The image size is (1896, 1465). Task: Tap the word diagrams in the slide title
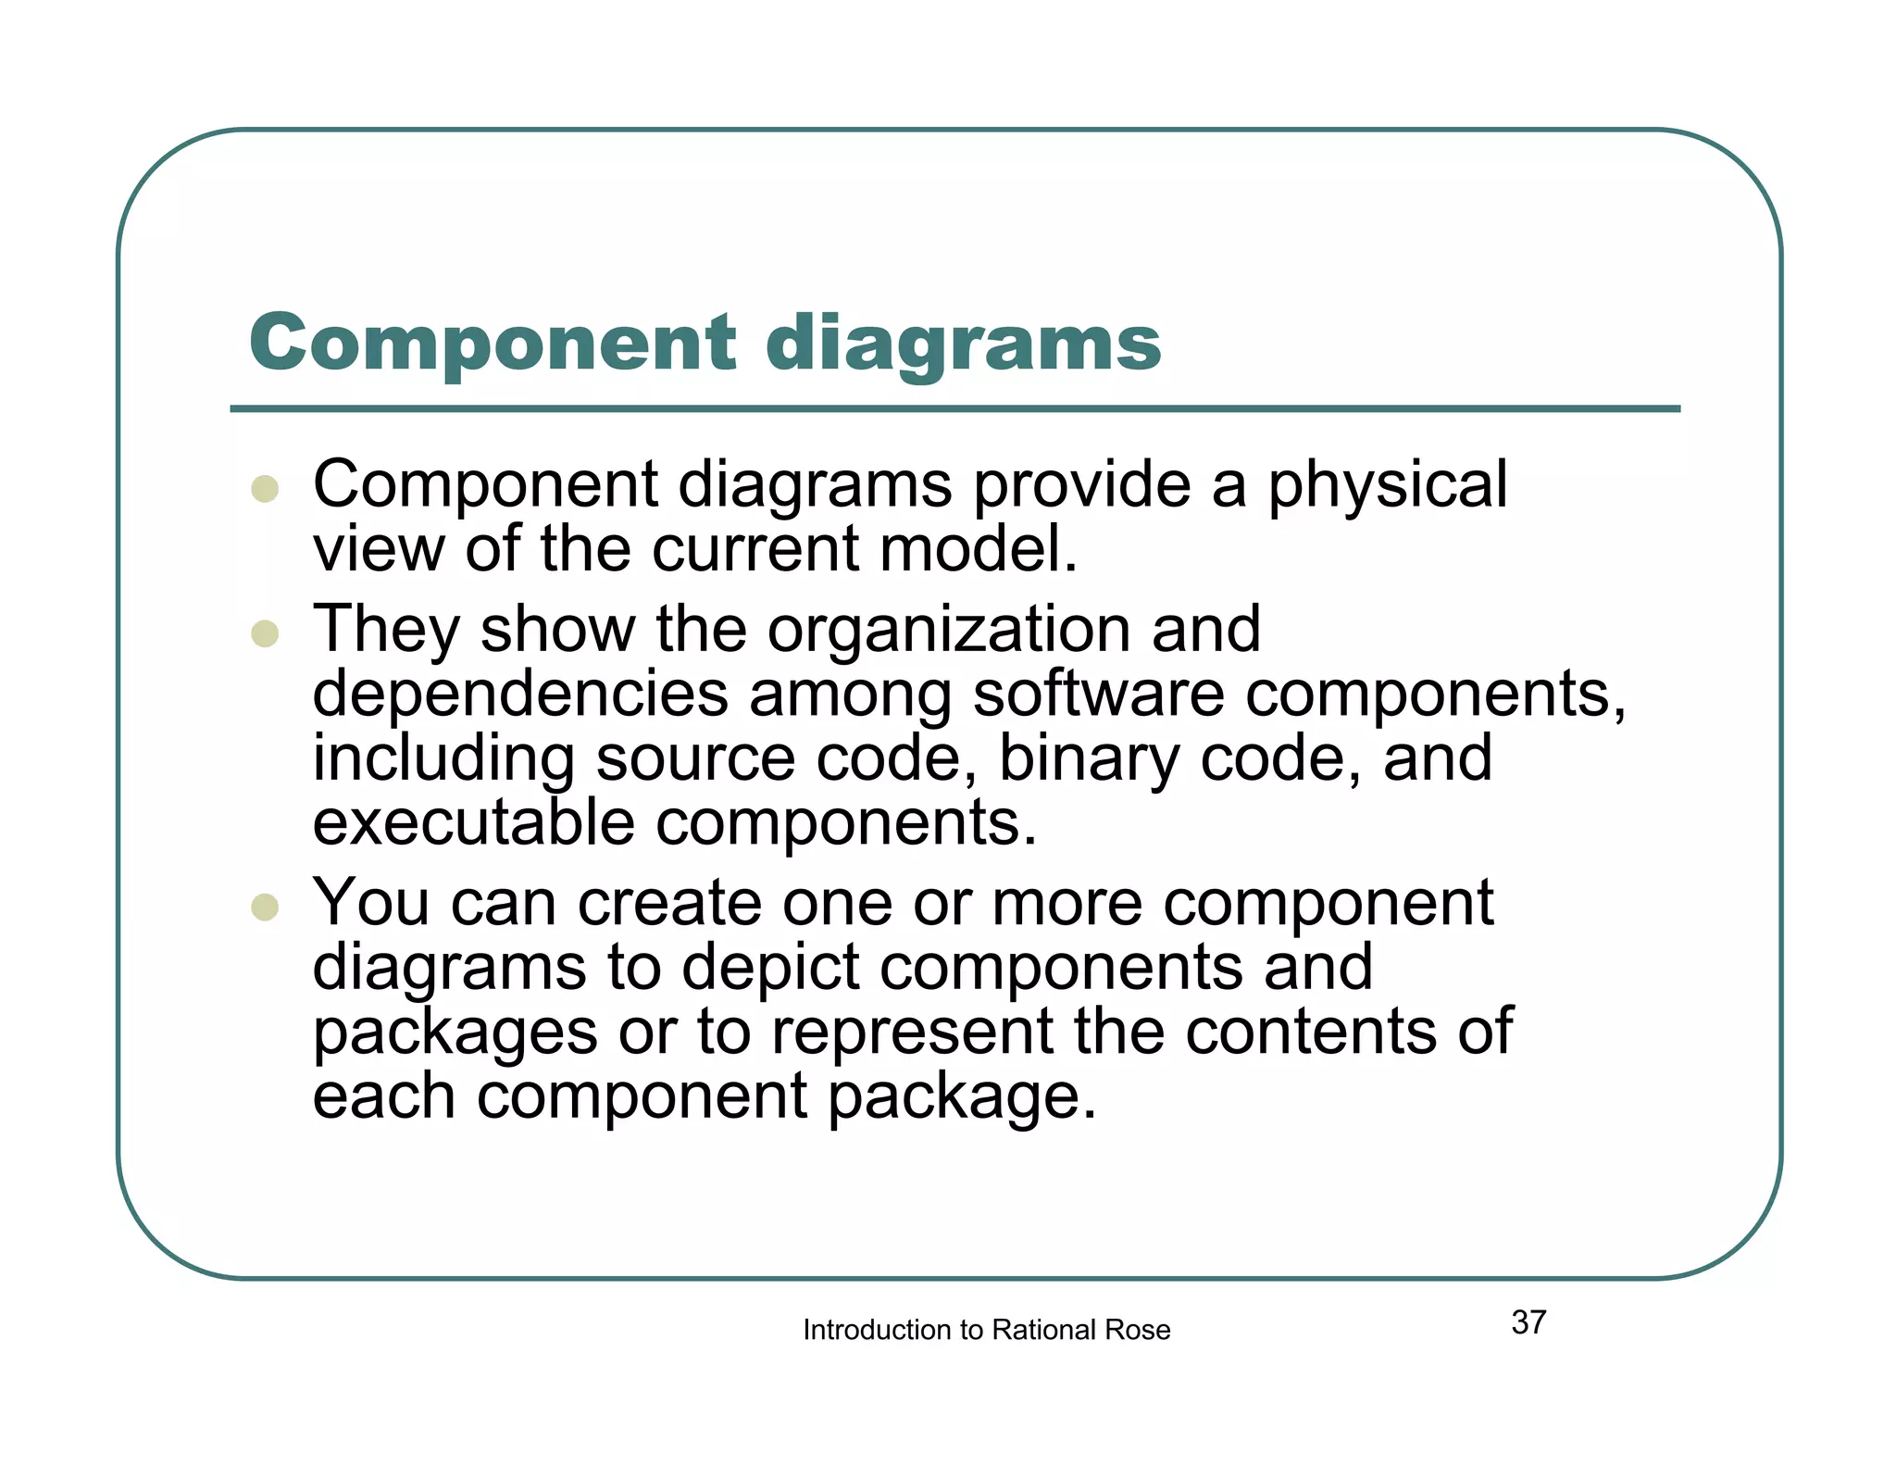coord(963,344)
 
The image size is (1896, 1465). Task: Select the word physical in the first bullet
coord(1387,485)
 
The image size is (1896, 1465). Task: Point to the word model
coord(979,548)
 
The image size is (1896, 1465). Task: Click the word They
coord(386,630)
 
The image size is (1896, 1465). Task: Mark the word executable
coord(473,821)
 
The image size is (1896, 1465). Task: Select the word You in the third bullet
coord(371,902)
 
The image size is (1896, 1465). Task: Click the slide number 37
coord(1528,1322)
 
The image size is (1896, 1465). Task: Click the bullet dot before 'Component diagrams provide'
coord(265,489)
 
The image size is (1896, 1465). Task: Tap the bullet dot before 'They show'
coord(265,633)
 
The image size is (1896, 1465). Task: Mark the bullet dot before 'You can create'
coord(265,907)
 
